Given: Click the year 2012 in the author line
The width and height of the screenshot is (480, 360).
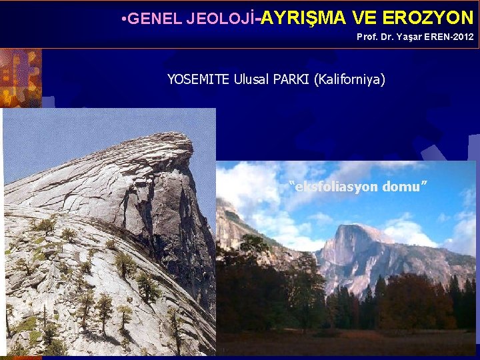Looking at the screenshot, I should click(x=462, y=37).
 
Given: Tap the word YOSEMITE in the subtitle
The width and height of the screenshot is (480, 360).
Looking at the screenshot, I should click(x=198, y=79).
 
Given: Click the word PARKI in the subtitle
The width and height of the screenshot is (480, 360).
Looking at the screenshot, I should click(x=291, y=79).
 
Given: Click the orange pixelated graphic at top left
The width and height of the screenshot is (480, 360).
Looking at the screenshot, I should click(x=20, y=77).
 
